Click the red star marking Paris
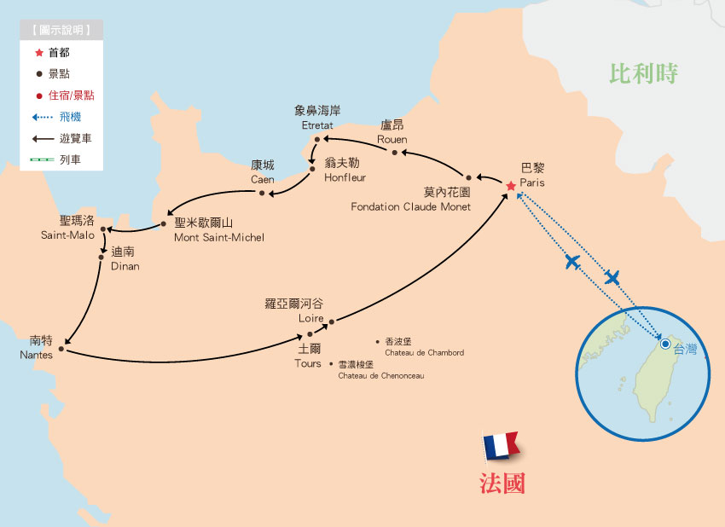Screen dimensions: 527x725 point(511,186)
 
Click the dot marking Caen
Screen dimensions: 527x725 point(262,193)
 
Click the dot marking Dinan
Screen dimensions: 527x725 point(103,252)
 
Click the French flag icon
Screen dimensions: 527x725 point(501,446)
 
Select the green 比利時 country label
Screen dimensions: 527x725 point(643,73)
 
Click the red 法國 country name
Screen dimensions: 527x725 point(502,484)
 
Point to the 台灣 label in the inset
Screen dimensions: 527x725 point(685,349)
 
